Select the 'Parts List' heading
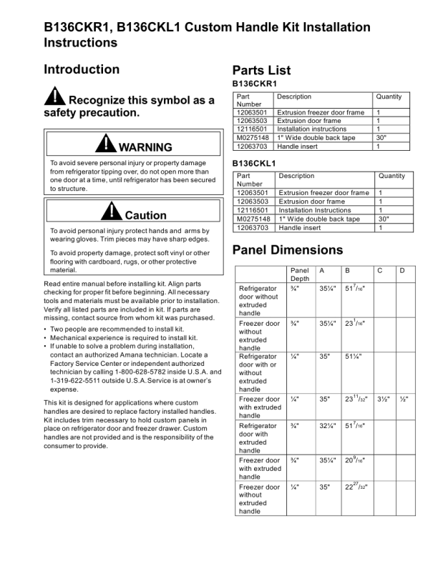coord(261,70)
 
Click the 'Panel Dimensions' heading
coord(287,250)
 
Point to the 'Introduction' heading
coord(82,69)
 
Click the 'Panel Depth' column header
coord(300,275)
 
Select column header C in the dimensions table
coord(380,271)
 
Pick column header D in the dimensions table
coord(402,271)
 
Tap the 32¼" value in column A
coord(328,426)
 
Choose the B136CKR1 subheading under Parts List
coord(255,84)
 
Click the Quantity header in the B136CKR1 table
coord(389,96)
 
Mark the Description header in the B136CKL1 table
coord(296,176)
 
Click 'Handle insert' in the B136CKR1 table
coord(298,147)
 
